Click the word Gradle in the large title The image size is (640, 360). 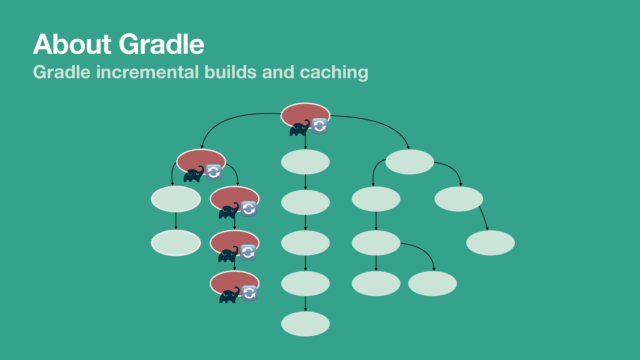point(161,44)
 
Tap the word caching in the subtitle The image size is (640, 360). point(334,73)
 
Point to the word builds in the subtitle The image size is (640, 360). point(230,72)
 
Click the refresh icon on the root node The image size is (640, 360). point(319,126)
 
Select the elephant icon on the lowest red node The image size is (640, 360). point(229,295)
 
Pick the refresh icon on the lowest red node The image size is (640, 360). point(249,293)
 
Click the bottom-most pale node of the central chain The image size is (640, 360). point(305,324)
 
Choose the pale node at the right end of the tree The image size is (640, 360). point(490,243)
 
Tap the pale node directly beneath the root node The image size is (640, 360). point(305,162)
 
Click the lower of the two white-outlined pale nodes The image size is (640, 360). point(176,243)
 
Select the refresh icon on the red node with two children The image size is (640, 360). point(214,172)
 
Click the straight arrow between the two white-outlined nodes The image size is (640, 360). point(176,221)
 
